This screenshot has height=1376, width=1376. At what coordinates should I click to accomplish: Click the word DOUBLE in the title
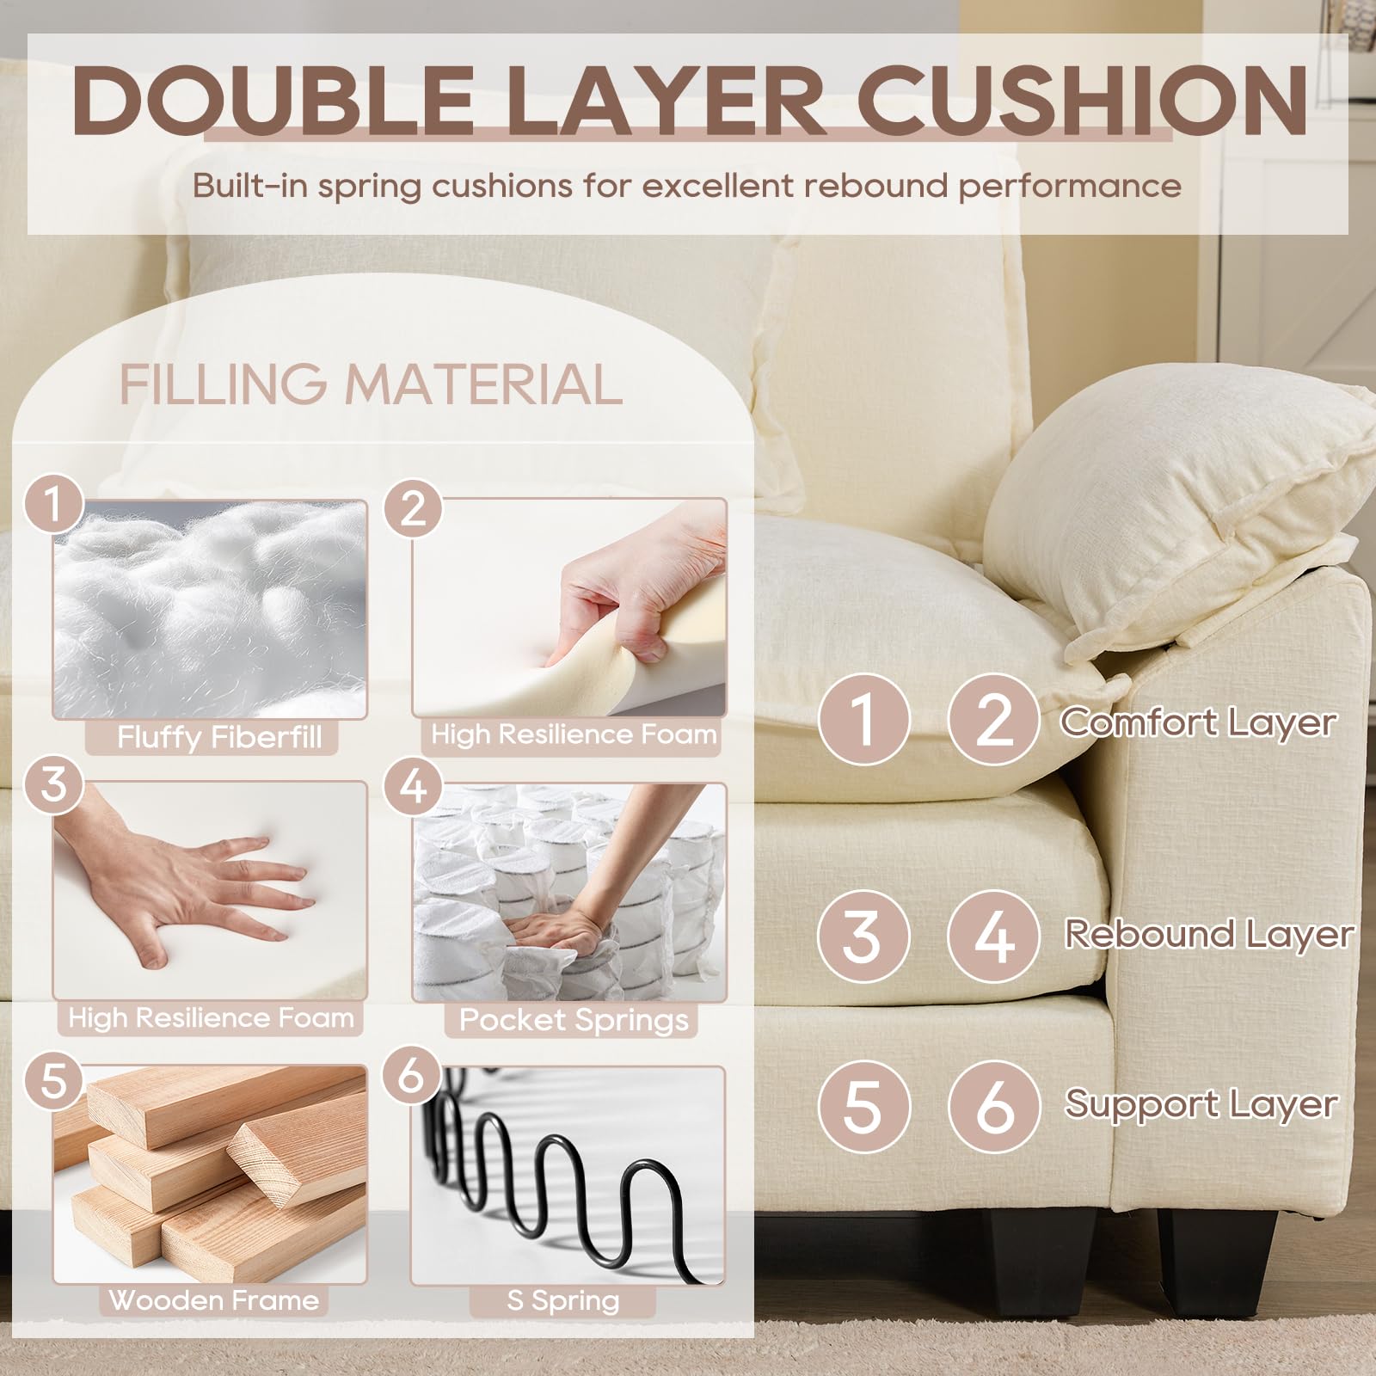coord(274,99)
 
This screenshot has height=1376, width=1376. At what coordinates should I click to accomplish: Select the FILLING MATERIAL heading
coord(371,384)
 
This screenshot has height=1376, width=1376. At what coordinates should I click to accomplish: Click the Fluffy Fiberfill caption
coord(219,737)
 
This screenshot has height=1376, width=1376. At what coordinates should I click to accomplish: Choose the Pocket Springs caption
coord(574,1020)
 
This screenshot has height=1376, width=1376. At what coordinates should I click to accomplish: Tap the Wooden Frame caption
coord(213,1299)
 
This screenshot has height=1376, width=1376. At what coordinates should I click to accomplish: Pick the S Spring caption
coord(562,1300)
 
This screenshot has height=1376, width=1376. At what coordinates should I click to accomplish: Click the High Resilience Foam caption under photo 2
coord(574,734)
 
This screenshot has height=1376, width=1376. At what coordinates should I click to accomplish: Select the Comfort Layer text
coord(1198,722)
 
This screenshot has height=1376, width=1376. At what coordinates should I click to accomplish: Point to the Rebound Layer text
coord(1209,935)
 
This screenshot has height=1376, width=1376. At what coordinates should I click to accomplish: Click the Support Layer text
coord(1201,1104)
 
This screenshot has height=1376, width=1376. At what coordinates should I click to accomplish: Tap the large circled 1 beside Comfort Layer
coord(863,719)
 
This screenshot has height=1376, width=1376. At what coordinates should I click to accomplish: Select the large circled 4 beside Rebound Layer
coord(993,936)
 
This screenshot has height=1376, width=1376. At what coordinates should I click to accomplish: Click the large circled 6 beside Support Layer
coord(994,1106)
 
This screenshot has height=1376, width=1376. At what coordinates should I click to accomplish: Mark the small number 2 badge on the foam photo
coord(414,508)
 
